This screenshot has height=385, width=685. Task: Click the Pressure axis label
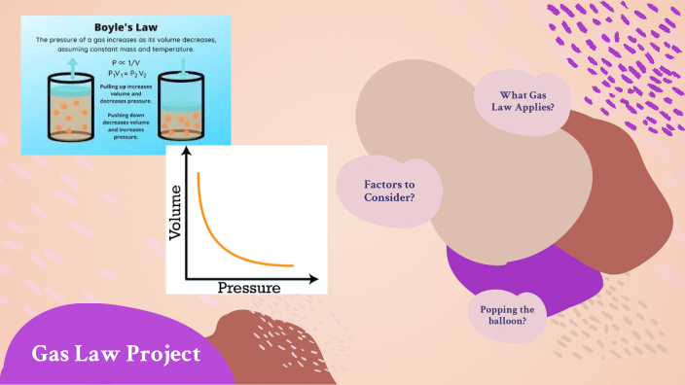coord(248,288)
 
